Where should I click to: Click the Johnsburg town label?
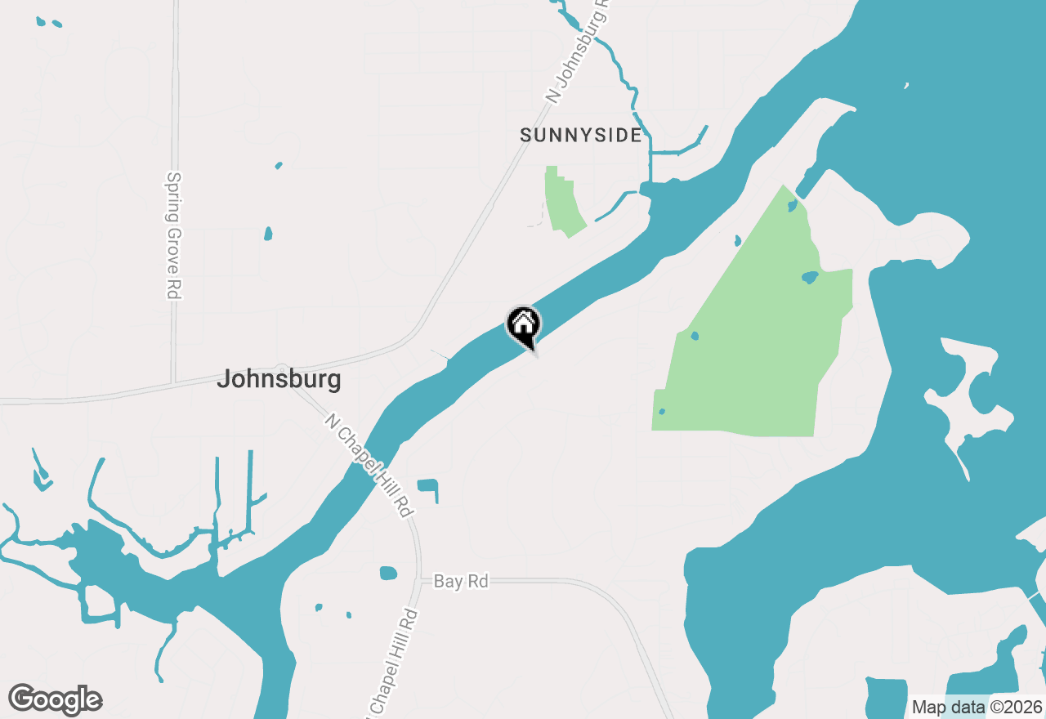click(x=279, y=380)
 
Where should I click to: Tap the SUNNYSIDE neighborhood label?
click(x=581, y=136)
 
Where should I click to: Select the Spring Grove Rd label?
click(x=173, y=234)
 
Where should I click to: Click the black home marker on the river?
click(x=524, y=325)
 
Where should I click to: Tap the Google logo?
click(x=56, y=700)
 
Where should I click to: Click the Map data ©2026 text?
click(x=977, y=707)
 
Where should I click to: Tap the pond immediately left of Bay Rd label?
click(x=388, y=573)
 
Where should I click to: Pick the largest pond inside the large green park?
click(x=810, y=277)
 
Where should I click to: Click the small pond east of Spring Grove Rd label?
click(x=268, y=234)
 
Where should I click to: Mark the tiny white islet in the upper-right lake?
click(x=906, y=85)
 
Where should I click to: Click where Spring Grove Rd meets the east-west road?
click(x=173, y=382)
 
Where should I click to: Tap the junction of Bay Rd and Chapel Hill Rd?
click(x=419, y=582)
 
